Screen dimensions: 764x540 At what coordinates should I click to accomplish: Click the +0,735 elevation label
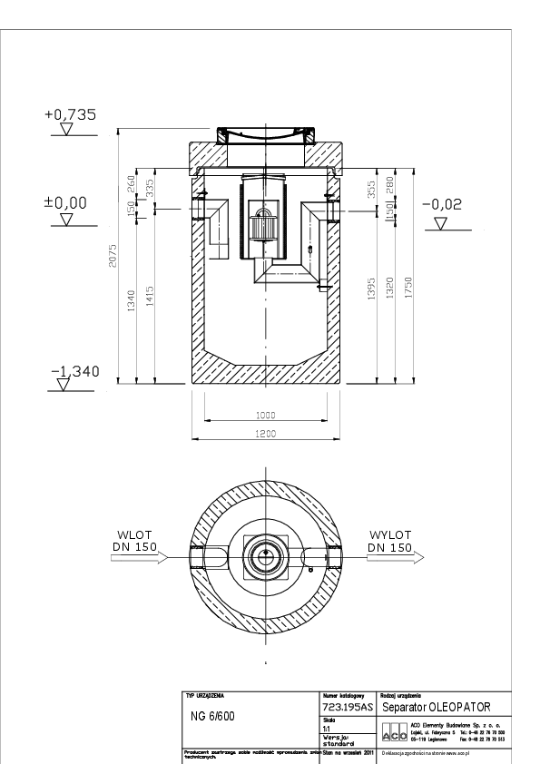pyautogui.click(x=70, y=115)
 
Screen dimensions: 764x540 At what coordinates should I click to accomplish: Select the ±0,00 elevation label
pyautogui.click(x=66, y=201)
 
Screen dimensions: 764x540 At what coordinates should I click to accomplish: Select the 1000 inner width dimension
pyautogui.click(x=266, y=415)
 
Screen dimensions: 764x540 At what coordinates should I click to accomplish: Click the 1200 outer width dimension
pyautogui.click(x=266, y=435)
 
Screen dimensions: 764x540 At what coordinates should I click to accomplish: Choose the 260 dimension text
pyautogui.click(x=133, y=184)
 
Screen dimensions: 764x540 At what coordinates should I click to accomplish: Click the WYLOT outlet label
pyautogui.click(x=390, y=535)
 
